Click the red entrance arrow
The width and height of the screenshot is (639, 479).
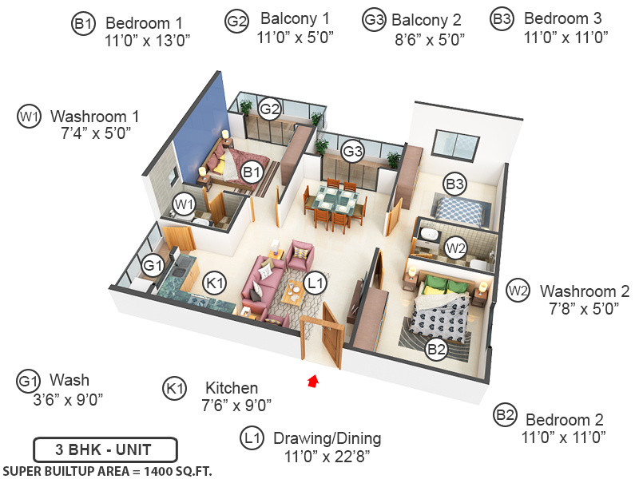pyautogui.click(x=313, y=382)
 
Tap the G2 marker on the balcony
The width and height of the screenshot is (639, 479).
pyautogui.click(x=270, y=109)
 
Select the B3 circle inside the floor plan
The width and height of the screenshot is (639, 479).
pyautogui.click(x=454, y=184)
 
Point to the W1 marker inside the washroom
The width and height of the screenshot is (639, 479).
pyautogui.click(x=184, y=204)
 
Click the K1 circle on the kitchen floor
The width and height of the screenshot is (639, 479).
pyautogui.click(x=214, y=283)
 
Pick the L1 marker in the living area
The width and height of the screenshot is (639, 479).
pyautogui.click(x=315, y=283)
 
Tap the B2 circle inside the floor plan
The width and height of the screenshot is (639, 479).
pyautogui.click(x=436, y=349)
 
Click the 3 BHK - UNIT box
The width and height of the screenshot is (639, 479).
pyautogui.click(x=105, y=450)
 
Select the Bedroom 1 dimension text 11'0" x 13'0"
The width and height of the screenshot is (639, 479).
pyautogui.click(x=148, y=41)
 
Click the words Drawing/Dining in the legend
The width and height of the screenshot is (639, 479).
pyautogui.click(x=327, y=438)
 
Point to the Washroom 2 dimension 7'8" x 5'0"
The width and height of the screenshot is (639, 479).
pyautogui.click(x=584, y=308)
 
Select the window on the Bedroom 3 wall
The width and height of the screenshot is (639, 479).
pyautogui.click(x=455, y=146)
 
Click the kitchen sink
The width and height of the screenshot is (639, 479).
pyautogui.click(x=177, y=270)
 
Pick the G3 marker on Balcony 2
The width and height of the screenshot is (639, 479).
pyautogui.click(x=352, y=151)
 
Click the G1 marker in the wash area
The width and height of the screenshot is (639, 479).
pyautogui.click(x=153, y=266)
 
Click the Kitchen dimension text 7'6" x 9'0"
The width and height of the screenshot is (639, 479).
pyautogui.click(x=236, y=406)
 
